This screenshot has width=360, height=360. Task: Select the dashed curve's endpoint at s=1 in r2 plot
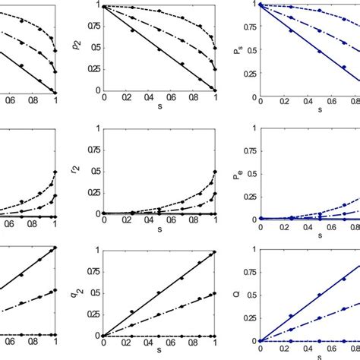coord(214,171)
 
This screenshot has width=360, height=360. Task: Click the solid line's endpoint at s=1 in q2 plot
coord(214,251)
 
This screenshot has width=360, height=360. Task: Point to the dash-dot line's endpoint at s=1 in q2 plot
coord(214,292)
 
